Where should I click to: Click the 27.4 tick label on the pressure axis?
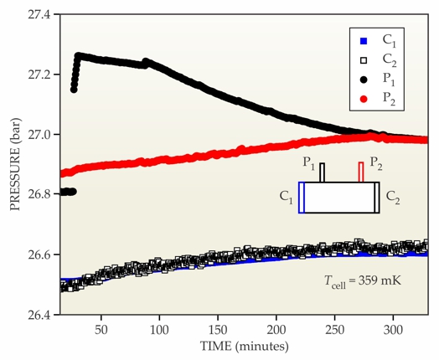click(39, 14)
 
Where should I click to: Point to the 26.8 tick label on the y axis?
click(39, 195)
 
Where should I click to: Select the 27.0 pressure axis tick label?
click(39, 135)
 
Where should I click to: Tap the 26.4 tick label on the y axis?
click(39, 315)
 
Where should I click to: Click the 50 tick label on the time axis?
click(101, 330)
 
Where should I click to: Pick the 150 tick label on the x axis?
click(218, 330)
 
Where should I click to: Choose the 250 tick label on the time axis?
click(334, 330)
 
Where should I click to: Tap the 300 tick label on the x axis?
click(393, 330)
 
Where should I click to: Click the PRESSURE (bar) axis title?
click(15, 164)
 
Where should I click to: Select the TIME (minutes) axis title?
click(244, 347)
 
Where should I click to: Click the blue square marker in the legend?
click(364, 41)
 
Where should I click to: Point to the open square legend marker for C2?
click(364, 60)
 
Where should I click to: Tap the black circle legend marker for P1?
click(364, 80)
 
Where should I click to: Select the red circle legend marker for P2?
click(364, 99)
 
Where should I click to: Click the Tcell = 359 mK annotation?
click(363, 280)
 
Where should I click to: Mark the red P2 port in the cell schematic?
click(361, 172)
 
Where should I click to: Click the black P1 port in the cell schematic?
click(323, 172)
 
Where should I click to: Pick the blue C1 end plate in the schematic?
click(302, 198)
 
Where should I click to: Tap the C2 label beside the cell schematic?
click(393, 198)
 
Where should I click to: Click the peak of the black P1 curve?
click(79, 55)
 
